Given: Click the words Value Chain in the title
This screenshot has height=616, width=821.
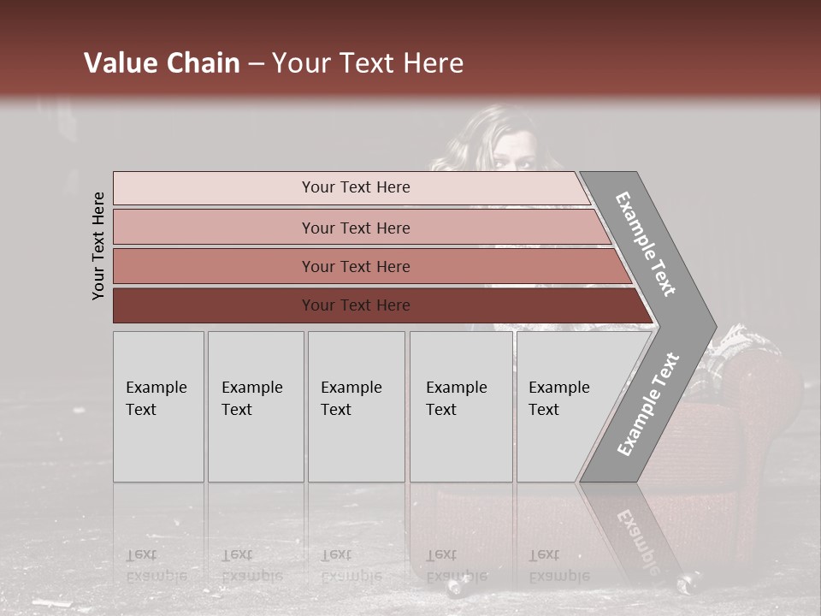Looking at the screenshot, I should [x=162, y=63].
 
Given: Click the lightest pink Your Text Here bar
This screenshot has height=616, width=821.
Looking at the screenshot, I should [x=214, y=188].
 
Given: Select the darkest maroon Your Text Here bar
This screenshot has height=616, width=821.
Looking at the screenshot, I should [x=214, y=305].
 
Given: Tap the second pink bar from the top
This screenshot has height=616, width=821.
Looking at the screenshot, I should [x=214, y=228].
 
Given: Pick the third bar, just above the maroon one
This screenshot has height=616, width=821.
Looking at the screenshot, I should [x=214, y=266].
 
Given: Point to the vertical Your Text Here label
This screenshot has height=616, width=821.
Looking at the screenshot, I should [x=98, y=246].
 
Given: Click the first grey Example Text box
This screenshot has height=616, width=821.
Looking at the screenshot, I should [x=158, y=406].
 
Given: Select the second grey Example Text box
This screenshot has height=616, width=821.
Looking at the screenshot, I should [x=255, y=406].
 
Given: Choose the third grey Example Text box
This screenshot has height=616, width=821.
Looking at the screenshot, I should [x=356, y=406].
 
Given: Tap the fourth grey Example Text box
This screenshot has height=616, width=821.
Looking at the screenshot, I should [x=461, y=406].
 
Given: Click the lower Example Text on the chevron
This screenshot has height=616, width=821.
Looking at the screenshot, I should [x=647, y=405].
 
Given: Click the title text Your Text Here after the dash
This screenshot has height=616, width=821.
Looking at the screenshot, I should [x=368, y=63].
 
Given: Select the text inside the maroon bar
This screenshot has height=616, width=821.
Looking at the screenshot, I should [x=356, y=305].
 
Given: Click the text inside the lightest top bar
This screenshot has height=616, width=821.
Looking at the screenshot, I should [x=356, y=187].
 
